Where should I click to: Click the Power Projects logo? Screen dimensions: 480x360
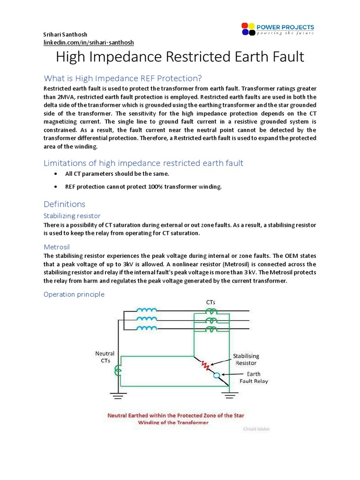tap(277, 29)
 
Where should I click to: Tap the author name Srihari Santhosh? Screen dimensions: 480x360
tap(66, 35)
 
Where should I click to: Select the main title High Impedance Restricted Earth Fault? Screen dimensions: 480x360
tap(180, 57)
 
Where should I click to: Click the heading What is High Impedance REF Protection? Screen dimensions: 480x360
tap(122, 78)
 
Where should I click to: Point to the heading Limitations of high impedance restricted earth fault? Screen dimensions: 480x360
tap(143, 163)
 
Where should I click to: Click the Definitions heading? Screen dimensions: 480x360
tap(64, 204)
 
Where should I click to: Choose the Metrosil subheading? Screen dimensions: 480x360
tap(57, 246)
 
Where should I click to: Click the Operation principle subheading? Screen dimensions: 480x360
tap(74, 294)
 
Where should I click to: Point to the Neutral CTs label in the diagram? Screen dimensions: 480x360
tap(105, 357)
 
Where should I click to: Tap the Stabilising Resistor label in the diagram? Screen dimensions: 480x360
tap(247, 360)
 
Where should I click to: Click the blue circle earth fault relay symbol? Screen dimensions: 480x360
tap(217, 375)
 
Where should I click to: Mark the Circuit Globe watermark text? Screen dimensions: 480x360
tap(256, 429)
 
